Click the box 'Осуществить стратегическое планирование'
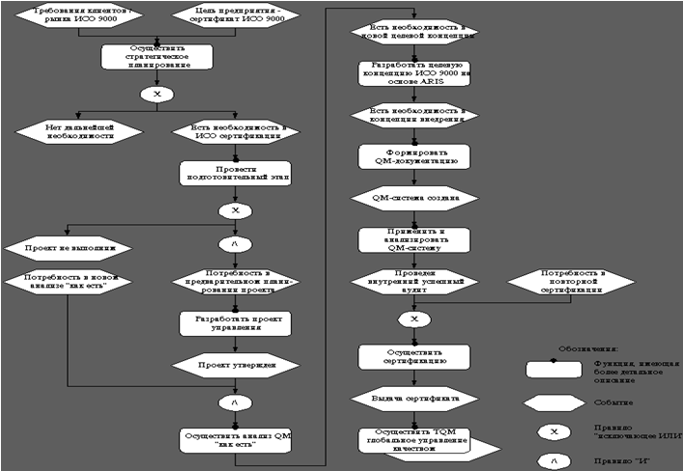(157, 56)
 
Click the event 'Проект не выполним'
(67, 248)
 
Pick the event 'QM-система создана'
(414, 198)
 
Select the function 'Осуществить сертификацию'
(414, 356)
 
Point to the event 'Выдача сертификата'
(414, 397)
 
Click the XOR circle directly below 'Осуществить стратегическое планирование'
(157, 95)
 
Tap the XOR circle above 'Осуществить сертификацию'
(414, 319)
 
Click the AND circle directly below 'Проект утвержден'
(235, 401)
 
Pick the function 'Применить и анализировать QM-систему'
(414, 239)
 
